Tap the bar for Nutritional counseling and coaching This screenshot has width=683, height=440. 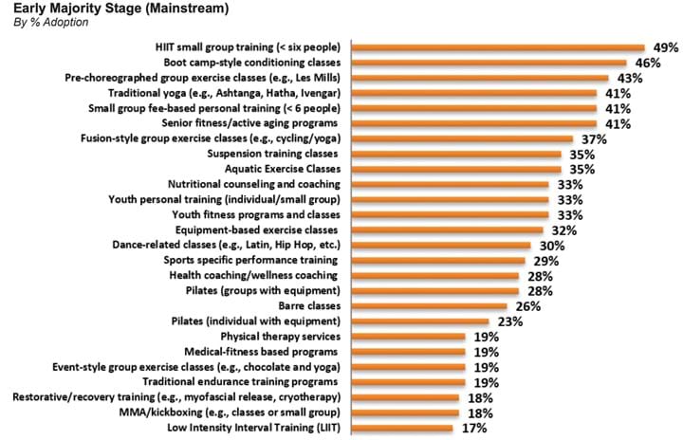(450, 184)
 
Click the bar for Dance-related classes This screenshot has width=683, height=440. (441, 246)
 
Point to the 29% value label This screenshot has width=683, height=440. (546, 261)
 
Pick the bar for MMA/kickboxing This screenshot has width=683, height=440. (404, 413)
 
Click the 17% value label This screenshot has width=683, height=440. (474, 429)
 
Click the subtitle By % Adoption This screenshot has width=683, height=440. (48, 23)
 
